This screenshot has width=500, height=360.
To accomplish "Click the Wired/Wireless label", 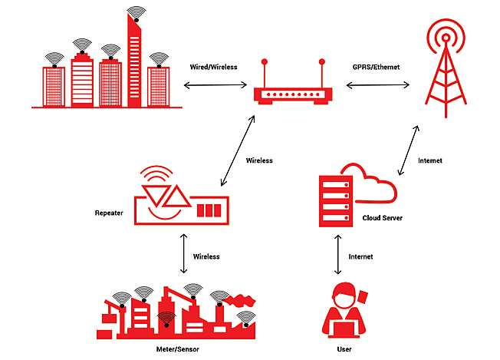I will point(213,67).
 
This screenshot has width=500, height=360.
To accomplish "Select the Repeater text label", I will point(110,212).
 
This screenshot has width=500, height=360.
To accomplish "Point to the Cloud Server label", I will point(383,218).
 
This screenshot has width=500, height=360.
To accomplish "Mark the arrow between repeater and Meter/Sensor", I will point(183,254).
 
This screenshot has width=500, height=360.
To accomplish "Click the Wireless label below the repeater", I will point(207,256).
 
